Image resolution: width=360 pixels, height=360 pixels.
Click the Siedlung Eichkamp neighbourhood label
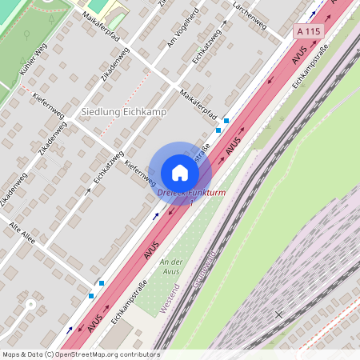[x=124, y=112]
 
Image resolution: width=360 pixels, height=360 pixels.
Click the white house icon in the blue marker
[x=180, y=172]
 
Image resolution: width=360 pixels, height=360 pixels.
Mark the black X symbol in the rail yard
[x=278, y=314]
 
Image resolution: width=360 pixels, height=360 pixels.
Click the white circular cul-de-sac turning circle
[x=32, y=304]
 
